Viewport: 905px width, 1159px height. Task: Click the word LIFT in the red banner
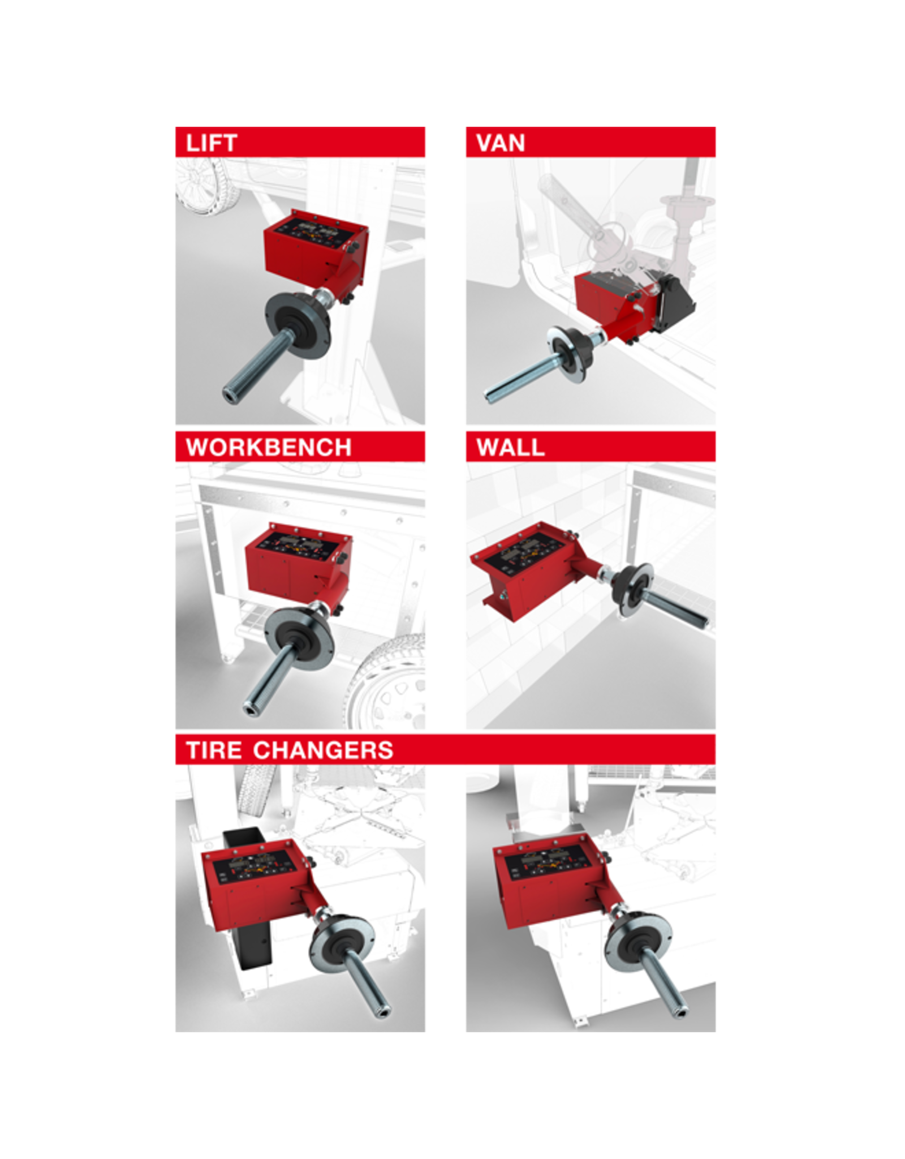pyautogui.click(x=211, y=143)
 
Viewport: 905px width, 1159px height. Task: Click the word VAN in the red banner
pyautogui.click(x=501, y=143)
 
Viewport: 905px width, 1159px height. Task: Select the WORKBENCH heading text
pyautogui.click(x=269, y=447)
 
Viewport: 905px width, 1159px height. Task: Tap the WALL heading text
pyautogui.click(x=510, y=447)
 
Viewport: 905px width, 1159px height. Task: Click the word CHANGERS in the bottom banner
pyautogui.click(x=323, y=750)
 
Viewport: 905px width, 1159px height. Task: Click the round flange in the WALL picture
pyautogui.click(x=632, y=590)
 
